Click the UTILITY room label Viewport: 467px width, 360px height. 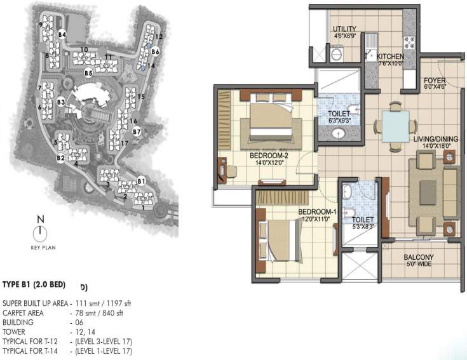(348, 29)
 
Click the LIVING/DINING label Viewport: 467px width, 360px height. (431, 139)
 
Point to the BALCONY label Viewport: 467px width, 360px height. (419, 258)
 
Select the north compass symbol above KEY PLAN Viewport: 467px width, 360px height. (40, 232)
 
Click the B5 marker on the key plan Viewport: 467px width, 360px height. (89, 74)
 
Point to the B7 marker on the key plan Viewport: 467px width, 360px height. (137, 131)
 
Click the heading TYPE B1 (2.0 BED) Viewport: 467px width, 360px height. (36, 286)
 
